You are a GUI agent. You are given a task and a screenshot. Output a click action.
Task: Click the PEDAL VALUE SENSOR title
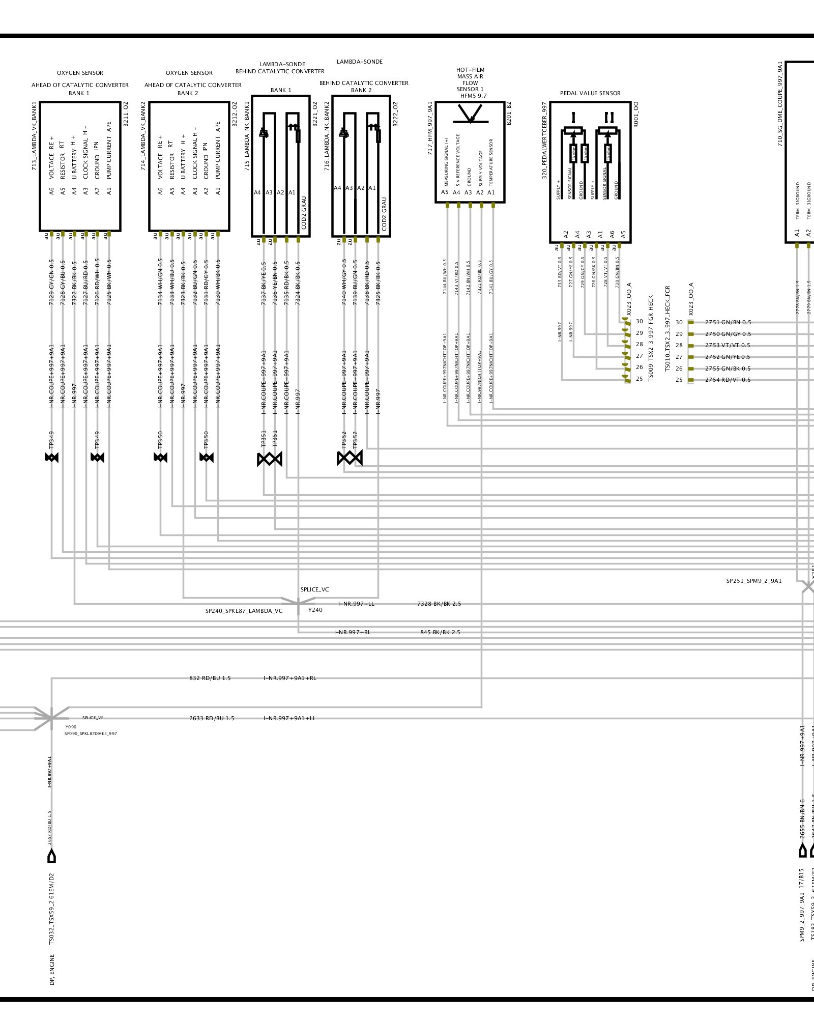[590, 93]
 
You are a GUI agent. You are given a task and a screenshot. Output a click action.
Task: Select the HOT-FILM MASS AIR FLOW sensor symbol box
[470, 152]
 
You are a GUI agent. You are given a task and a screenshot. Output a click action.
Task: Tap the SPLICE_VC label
[314, 589]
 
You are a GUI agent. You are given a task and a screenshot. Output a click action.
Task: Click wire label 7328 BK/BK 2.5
[439, 604]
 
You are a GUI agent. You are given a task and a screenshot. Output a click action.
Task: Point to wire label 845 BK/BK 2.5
[440, 632]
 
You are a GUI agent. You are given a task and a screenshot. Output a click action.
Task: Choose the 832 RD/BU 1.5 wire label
[210, 678]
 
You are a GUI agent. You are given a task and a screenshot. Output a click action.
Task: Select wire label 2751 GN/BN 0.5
[728, 322]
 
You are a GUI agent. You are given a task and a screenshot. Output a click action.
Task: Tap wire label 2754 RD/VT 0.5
[728, 380]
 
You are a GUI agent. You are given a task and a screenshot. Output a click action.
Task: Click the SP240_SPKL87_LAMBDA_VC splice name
[244, 611]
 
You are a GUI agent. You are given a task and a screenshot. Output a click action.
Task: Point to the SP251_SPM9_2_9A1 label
[753, 581]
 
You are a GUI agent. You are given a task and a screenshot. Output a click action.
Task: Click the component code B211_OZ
[126, 114]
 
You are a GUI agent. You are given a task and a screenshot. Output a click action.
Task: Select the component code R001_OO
[636, 114]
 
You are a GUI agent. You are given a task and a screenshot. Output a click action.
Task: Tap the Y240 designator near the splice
[315, 610]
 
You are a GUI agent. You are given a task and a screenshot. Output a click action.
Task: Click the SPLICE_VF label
[93, 718]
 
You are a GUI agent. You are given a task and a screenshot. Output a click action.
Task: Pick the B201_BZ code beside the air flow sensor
[509, 113]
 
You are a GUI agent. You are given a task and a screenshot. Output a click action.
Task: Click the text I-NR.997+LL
[356, 604]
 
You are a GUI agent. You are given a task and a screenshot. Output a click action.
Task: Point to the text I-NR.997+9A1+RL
[289, 678]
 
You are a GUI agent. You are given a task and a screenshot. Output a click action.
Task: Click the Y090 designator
[71, 727]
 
